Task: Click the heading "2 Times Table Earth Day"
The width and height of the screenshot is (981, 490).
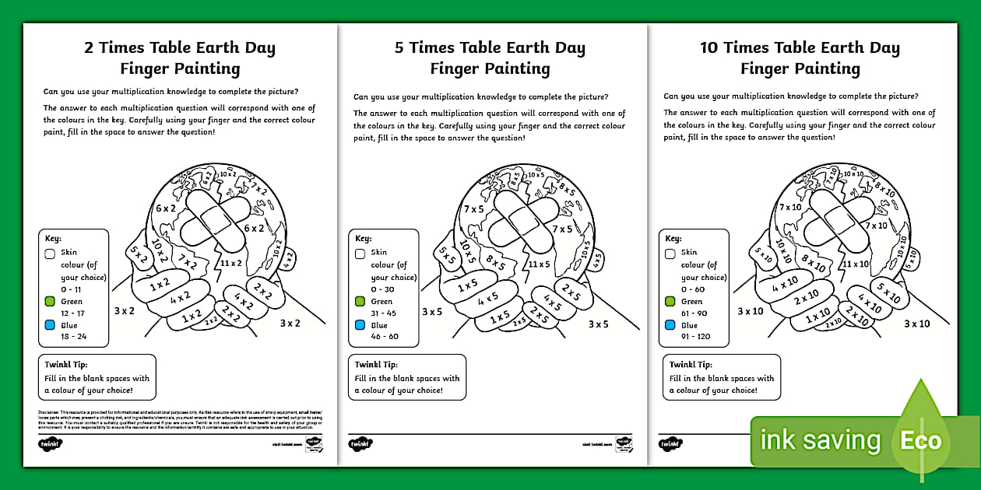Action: (180, 47)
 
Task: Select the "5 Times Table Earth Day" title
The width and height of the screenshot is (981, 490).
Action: (490, 47)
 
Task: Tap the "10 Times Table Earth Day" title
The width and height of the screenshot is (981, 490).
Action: (800, 47)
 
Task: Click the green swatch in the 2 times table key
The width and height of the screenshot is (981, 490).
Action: (50, 301)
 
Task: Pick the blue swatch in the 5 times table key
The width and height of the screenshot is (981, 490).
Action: (360, 325)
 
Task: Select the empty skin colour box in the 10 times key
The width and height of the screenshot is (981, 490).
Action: (670, 253)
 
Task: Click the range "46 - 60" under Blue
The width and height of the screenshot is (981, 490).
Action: (384, 337)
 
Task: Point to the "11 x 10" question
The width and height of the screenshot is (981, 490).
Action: (854, 264)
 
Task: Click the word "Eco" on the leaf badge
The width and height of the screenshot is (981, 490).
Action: (922, 441)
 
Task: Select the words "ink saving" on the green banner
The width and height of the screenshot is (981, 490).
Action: (820, 441)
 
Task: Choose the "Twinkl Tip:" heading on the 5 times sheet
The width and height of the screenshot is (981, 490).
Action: (378, 364)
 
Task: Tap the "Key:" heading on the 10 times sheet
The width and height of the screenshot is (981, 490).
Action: (673, 239)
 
